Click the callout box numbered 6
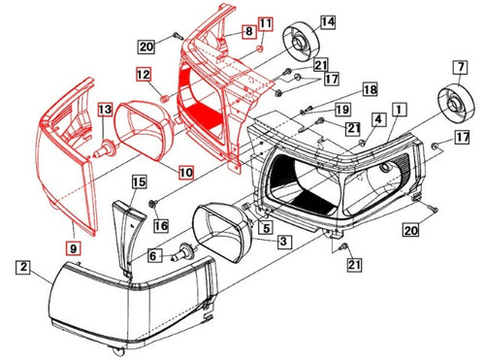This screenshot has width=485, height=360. click(151, 254)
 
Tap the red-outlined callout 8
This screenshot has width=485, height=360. click(249, 32)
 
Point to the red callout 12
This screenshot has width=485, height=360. click(143, 74)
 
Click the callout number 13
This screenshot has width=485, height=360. click(104, 111)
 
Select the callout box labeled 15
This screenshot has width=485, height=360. click(138, 181)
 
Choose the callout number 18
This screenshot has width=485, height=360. click(340, 90)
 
